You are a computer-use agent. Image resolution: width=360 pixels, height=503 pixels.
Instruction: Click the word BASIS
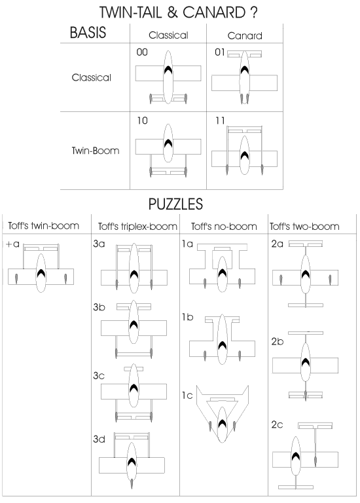(88, 32)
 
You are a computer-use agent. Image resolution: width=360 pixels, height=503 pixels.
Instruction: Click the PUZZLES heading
(175, 204)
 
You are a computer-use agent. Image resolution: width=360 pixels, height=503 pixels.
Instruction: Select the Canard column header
(245, 35)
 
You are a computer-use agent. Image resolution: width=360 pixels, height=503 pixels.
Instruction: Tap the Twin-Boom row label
(96, 151)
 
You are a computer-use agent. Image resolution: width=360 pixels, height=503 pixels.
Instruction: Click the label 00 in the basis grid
(142, 52)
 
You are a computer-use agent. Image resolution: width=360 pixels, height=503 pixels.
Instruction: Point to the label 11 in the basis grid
(220, 121)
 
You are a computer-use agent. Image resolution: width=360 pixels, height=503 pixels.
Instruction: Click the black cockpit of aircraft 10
(168, 143)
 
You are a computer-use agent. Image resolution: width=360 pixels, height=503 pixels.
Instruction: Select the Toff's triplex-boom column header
(137, 227)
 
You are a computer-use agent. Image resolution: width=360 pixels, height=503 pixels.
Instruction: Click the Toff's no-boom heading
(224, 227)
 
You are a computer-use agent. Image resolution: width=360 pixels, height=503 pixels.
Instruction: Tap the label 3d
(99, 439)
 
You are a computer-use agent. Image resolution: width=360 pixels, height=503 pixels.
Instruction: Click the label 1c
(187, 395)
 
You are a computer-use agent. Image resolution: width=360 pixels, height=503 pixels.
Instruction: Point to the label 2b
(278, 341)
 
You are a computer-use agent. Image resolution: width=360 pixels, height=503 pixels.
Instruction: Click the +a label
(13, 244)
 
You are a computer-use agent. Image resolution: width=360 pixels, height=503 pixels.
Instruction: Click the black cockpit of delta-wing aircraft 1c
(222, 424)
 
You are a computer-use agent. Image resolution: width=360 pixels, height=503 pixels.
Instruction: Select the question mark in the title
(253, 12)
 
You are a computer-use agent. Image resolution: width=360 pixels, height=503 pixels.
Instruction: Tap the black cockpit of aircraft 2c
(296, 456)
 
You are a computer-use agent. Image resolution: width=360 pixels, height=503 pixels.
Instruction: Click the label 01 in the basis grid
(220, 52)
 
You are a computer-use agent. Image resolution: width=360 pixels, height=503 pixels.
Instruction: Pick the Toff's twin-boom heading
(44, 226)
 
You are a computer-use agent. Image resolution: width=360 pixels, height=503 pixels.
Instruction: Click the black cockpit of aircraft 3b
(134, 324)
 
